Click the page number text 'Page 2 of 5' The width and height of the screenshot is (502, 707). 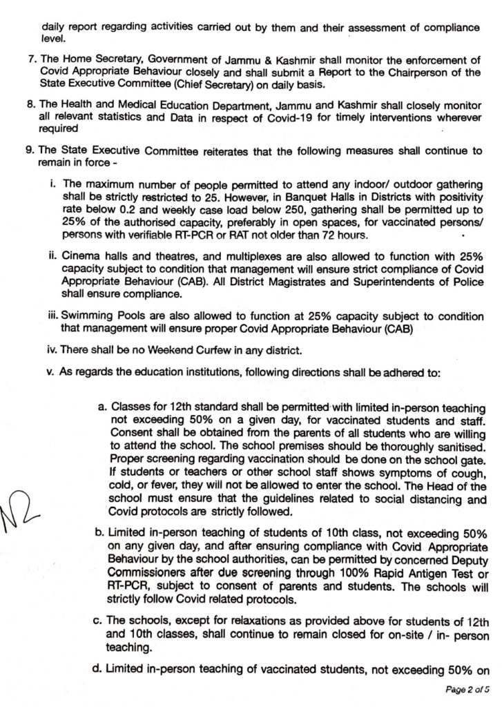(x=467, y=689)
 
